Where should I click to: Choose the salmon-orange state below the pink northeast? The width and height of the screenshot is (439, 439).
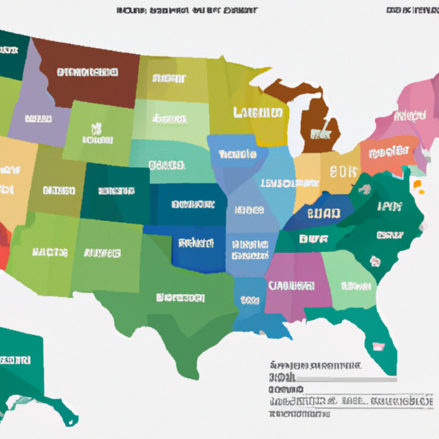click(x=390, y=156)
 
